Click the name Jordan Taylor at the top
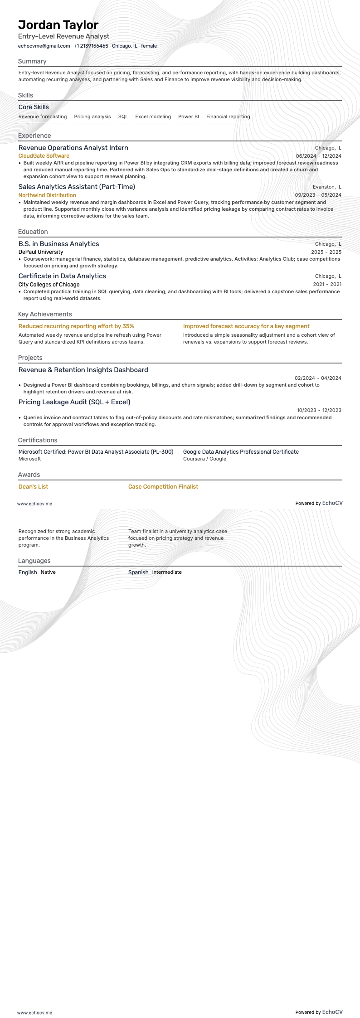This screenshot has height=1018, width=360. pyautogui.click(x=58, y=25)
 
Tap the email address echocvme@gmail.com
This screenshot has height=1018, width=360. pyautogui.click(x=44, y=46)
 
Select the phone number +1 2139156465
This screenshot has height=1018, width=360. pyautogui.click(x=91, y=46)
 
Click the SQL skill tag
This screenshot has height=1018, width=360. pyautogui.click(x=123, y=117)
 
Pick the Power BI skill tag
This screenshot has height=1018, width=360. pyautogui.click(x=189, y=117)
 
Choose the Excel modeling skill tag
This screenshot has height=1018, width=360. pyautogui.click(x=153, y=117)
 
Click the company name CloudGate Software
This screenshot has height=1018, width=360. pyautogui.click(x=44, y=156)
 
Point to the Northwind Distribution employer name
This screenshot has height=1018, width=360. pyautogui.click(x=47, y=195)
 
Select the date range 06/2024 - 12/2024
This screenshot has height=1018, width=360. pyautogui.click(x=318, y=156)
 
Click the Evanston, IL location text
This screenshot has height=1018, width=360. pyautogui.click(x=327, y=187)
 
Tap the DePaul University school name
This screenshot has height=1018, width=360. pyautogui.click(x=41, y=252)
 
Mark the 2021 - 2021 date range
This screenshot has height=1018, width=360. pyautogui.click(x=327, y=284)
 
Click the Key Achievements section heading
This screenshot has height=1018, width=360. pyautogui.click(x=45, y=314)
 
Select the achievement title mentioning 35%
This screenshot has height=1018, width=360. pyautogui.click(x=76, y=326)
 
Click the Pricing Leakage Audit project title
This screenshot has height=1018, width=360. pyautogui.click(x=74, y=402)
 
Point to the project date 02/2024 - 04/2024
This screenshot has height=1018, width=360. pyautogui.click(x=318, y=378)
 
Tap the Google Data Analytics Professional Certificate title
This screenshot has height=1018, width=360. pyautogui.click(x=241, y=452)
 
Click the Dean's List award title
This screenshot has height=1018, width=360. pyautogui.click(x=33, y=487)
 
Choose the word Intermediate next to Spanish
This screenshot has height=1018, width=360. pyautogui.click(x=167, y=572)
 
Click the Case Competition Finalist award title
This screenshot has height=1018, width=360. pyautogui.click(x=163, y=487)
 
